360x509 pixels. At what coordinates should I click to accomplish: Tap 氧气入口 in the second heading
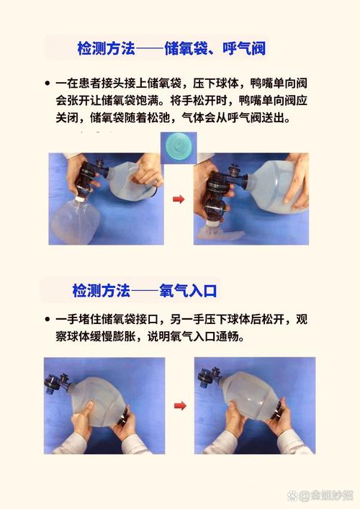[x=190, y=291]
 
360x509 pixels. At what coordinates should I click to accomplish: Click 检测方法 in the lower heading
[x=101, y=291]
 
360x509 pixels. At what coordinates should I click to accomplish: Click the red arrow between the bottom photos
[x=180, y=406]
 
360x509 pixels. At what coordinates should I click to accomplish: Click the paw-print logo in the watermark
[x=294, y=495]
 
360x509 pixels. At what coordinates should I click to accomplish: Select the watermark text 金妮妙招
[x=327, y=495]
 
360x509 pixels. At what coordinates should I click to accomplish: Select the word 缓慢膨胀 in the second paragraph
[x=108, y=337]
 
